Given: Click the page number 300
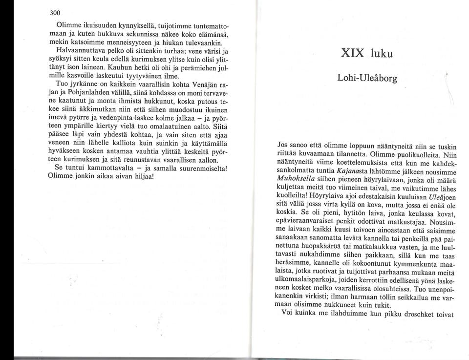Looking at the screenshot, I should (x=59, y=13).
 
